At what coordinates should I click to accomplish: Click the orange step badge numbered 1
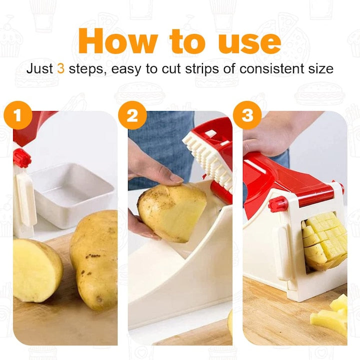pyautogui.click(x=18, y=115)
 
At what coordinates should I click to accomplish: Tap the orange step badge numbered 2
pyautogui.click(x=132, y=115)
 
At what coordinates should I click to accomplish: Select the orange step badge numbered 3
pyautogui.click(x=247, y=115)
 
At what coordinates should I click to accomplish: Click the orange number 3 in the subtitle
pyautogui.click(x=60, y=68)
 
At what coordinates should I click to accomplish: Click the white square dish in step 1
pyautogui.click(x=72, y=195)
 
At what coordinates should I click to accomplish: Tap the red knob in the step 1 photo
pyautogui.click(x=22, y=158)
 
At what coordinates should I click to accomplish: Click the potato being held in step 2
pyautogui.click(x=171, y=212)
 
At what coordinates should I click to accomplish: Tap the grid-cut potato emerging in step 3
pyautogui.click(x=324, y=240)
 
